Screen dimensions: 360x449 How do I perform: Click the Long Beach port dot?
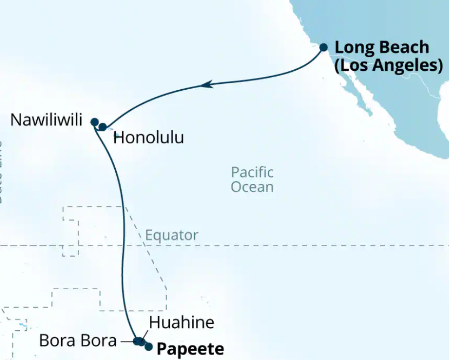323,48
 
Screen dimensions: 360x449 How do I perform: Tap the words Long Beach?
381,48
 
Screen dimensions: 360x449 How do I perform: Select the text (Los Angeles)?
389,65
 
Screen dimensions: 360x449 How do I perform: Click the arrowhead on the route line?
206,85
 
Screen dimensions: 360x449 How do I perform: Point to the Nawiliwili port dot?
94,122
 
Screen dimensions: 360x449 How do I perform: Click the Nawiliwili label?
47,120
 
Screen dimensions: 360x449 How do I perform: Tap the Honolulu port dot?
102,127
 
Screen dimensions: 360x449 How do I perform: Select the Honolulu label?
149,138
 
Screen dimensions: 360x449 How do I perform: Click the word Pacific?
252,172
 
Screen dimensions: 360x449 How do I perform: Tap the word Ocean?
252,187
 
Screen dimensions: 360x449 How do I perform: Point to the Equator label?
171,236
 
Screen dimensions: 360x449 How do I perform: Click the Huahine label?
181,323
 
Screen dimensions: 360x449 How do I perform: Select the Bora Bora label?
78,341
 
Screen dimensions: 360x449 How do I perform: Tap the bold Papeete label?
190,349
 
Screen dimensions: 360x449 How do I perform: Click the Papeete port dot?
148,346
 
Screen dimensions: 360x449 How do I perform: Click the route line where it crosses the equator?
123,245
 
